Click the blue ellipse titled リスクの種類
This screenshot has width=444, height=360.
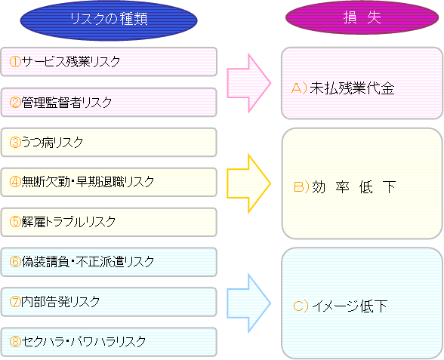(x=109, y=20)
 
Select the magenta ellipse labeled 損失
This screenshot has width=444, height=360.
(x=362, y=17)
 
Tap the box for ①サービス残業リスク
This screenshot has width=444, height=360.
(x=109, y=62)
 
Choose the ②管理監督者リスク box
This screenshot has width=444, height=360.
(x=109, y=102)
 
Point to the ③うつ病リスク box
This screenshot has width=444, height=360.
(x=109, y=142)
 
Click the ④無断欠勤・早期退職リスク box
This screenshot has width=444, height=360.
(x=109, y=182)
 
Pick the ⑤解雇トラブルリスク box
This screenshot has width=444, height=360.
(x=109, y=222)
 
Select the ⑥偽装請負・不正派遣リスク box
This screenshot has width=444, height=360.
(x=109, y=262)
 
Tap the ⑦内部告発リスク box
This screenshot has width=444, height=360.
(x=109, y=302)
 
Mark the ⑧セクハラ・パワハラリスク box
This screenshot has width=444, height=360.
(x=109, y=342)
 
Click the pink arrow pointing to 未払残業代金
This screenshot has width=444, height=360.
(x=248, y=83)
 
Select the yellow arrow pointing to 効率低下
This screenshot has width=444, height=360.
(x=248, y=183)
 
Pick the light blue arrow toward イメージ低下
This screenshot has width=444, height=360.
(x=248, y=303)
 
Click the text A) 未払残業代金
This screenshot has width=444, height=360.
(x=343, y=88)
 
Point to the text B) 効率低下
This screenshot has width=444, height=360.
(x=344, y=187)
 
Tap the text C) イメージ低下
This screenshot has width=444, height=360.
(x=340, y=306)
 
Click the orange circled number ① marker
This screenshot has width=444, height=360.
(x=15, y=62)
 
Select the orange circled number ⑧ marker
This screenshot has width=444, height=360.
(x=15, y=342)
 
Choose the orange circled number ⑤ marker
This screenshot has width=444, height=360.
(x=15, y=222)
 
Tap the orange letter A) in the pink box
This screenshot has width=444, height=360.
(x=299, y=88)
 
